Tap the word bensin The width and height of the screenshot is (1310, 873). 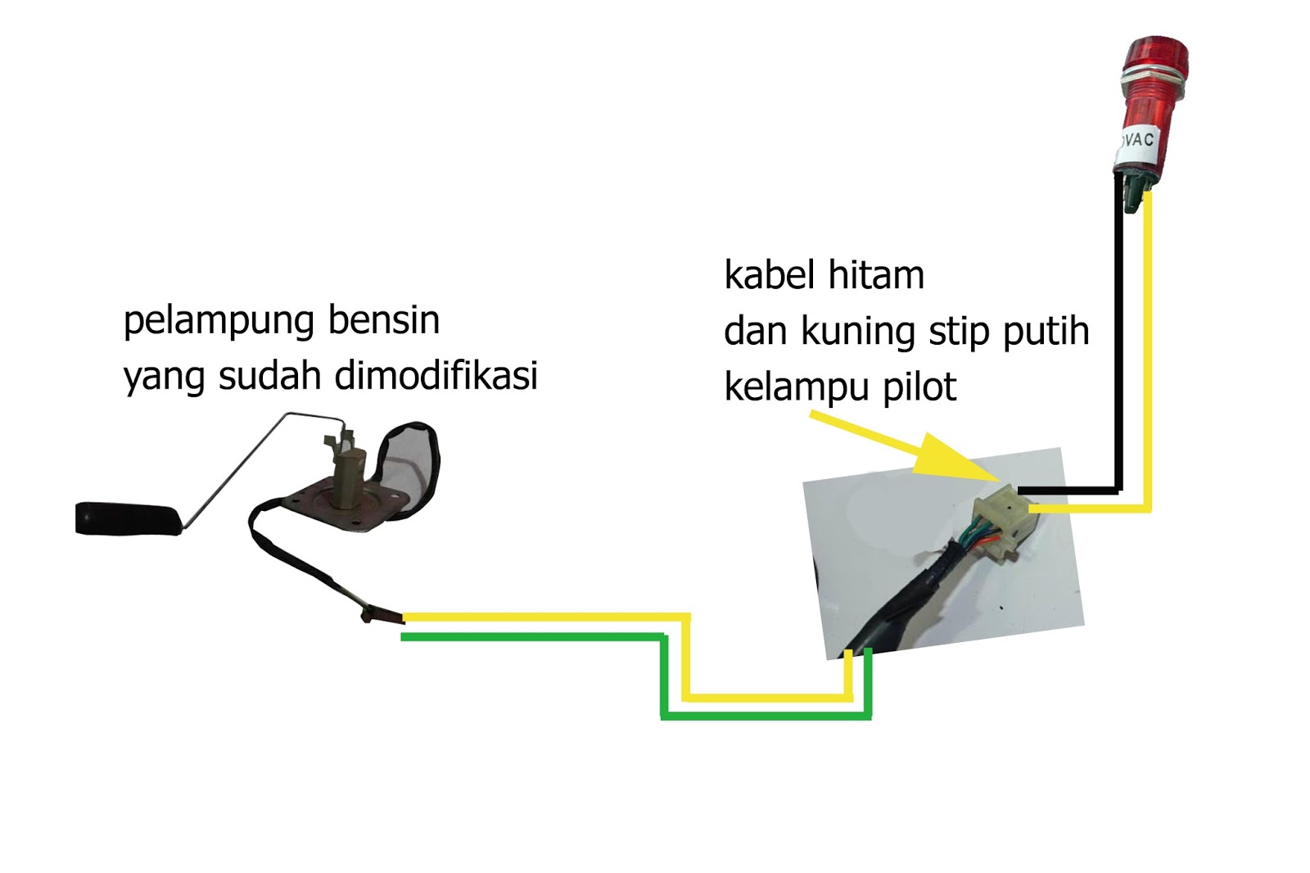(x=384, y=319)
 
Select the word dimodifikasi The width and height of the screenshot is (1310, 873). (x=436, y=375)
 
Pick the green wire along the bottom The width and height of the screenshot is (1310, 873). (x=532, y=636)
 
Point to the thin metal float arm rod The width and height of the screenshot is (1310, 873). (x=237, y=467)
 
